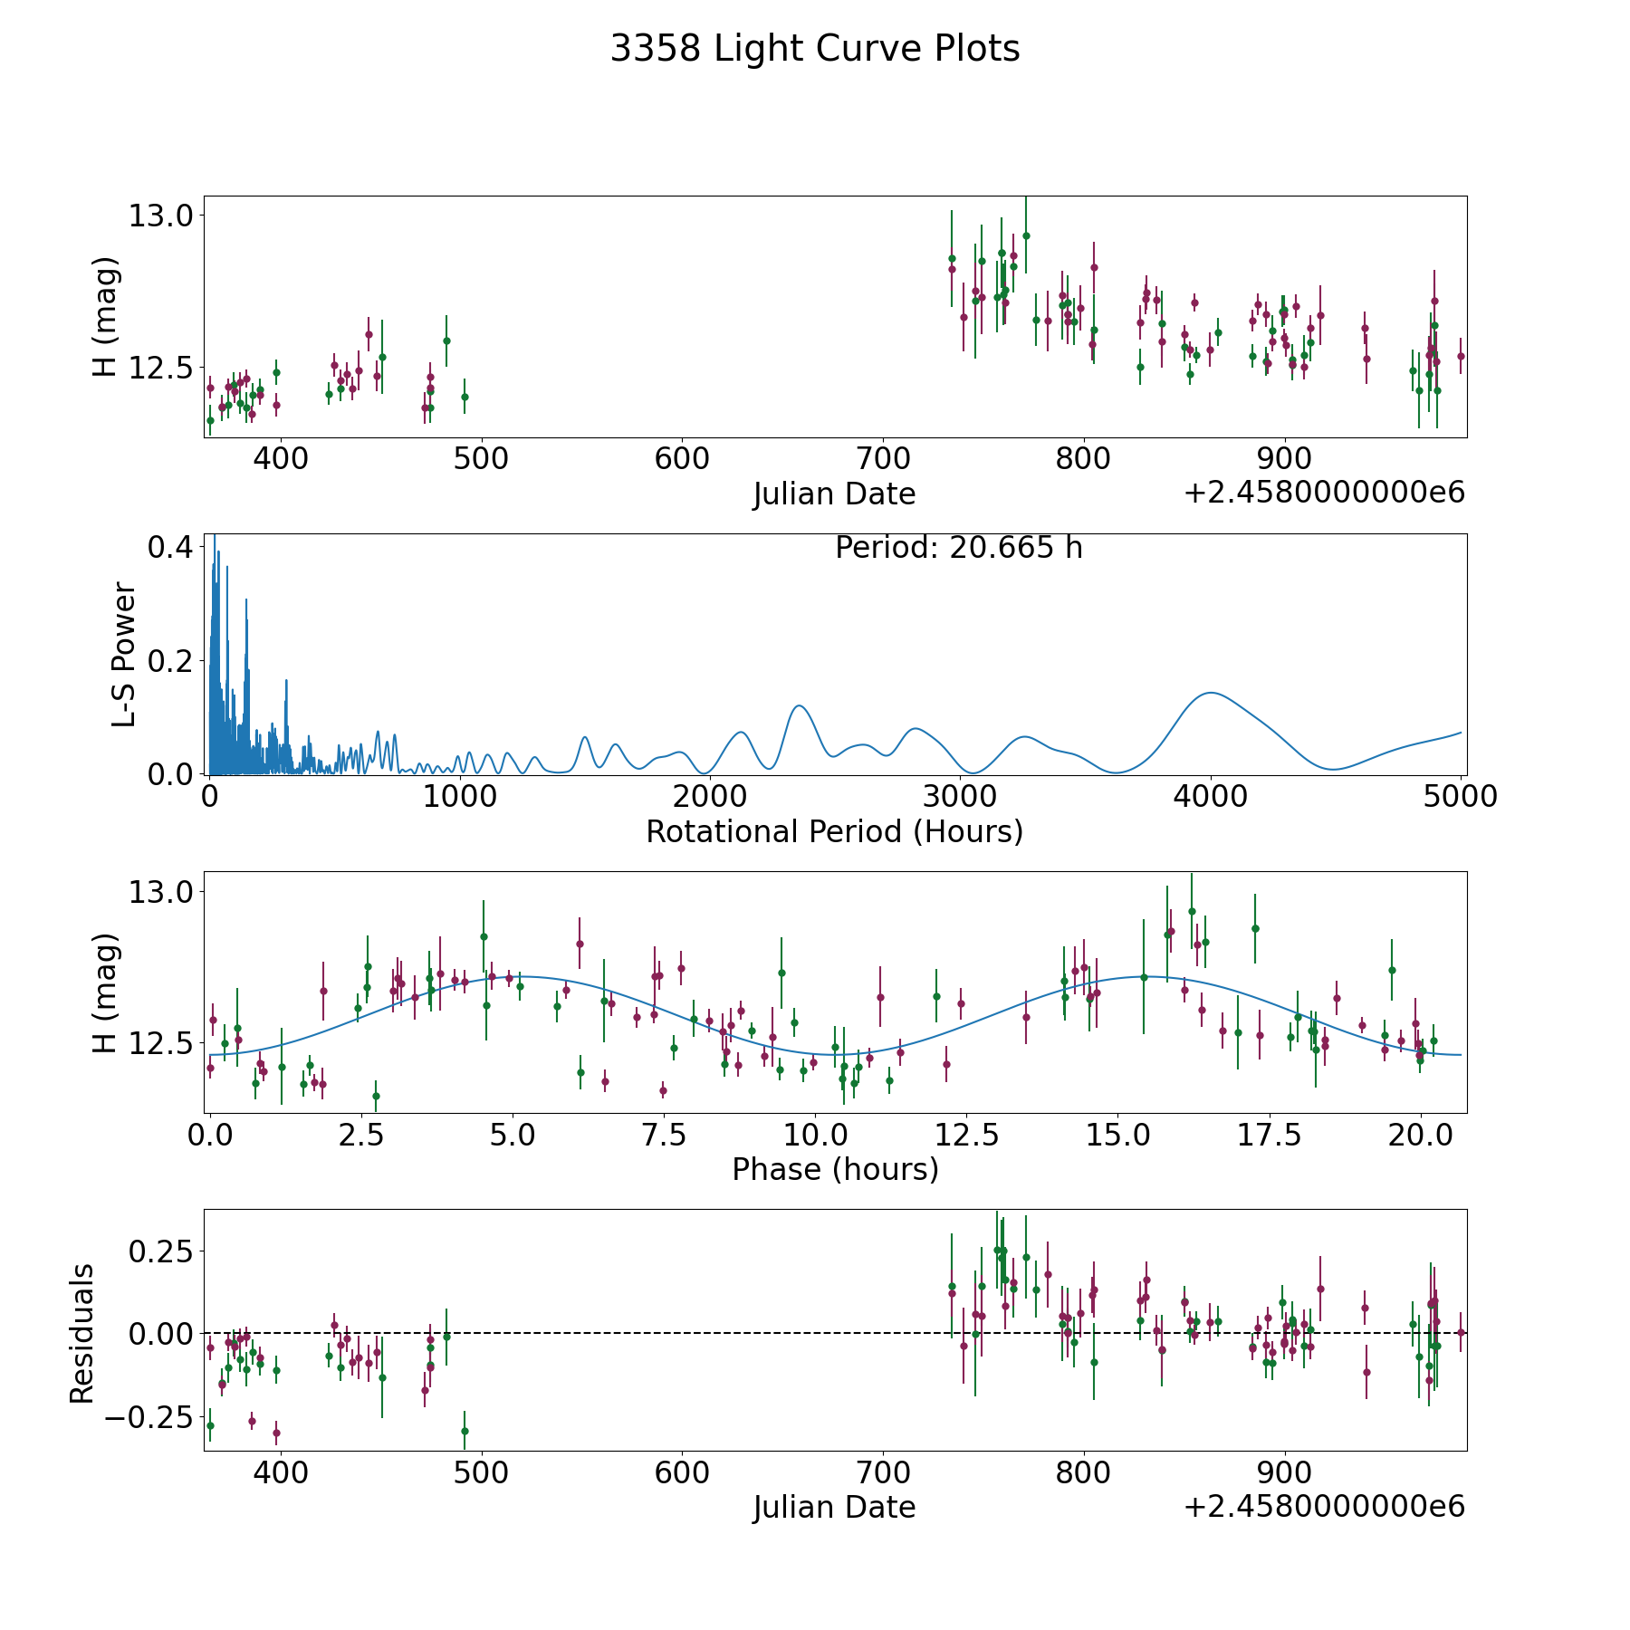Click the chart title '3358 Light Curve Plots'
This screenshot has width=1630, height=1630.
point(814,49)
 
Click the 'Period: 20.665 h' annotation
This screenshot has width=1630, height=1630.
point(958,548)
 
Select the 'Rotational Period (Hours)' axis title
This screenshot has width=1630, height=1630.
point(834,831)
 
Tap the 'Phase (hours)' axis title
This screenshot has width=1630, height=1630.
point(834,1169)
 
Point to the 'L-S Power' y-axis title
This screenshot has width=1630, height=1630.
point(124,654)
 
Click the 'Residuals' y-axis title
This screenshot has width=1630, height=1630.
point(82,1333)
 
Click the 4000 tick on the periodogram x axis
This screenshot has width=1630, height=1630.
point(1211,797)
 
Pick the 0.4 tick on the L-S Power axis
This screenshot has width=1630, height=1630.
point(170,547)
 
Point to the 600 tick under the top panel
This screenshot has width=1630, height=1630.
point(682,459)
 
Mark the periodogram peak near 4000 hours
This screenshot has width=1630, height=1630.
point(1211,693)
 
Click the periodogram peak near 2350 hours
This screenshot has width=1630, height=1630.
point(798,705)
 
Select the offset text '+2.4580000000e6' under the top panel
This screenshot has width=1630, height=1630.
point(1324,493)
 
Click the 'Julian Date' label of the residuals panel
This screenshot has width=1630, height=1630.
point(834,1507)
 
